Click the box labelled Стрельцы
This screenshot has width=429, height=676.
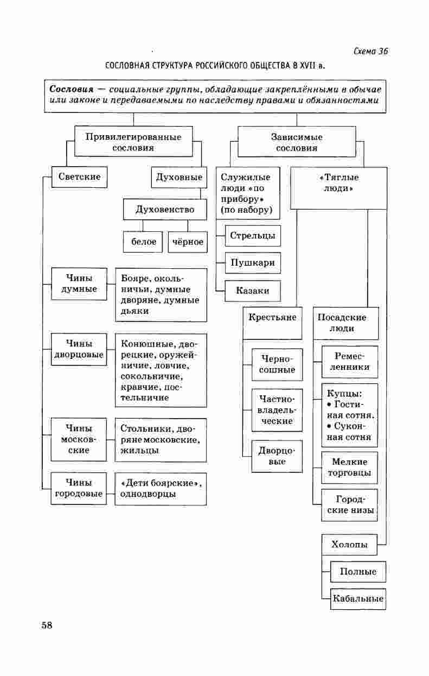[253, 236]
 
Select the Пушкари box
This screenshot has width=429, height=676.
[253, 263]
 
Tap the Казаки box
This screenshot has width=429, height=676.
[253, 290]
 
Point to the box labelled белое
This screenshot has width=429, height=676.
[143, 242]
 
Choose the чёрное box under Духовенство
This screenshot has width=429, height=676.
[188, 242]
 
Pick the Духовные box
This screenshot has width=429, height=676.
[179, 177]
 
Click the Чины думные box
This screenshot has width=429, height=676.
[79, 283]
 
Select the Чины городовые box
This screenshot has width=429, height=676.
[79, 488]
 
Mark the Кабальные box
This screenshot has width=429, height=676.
[358, 599]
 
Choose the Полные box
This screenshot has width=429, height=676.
[358, 572]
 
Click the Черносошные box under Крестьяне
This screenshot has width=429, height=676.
[277, 364]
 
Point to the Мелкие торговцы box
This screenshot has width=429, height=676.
[350, 467]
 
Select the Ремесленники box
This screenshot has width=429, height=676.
[350, 362]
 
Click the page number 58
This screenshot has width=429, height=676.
[47, 626]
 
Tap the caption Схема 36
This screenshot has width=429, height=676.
[370, 52]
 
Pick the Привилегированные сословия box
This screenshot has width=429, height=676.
[133, 142]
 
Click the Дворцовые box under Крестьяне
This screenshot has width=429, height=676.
[277, 456]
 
